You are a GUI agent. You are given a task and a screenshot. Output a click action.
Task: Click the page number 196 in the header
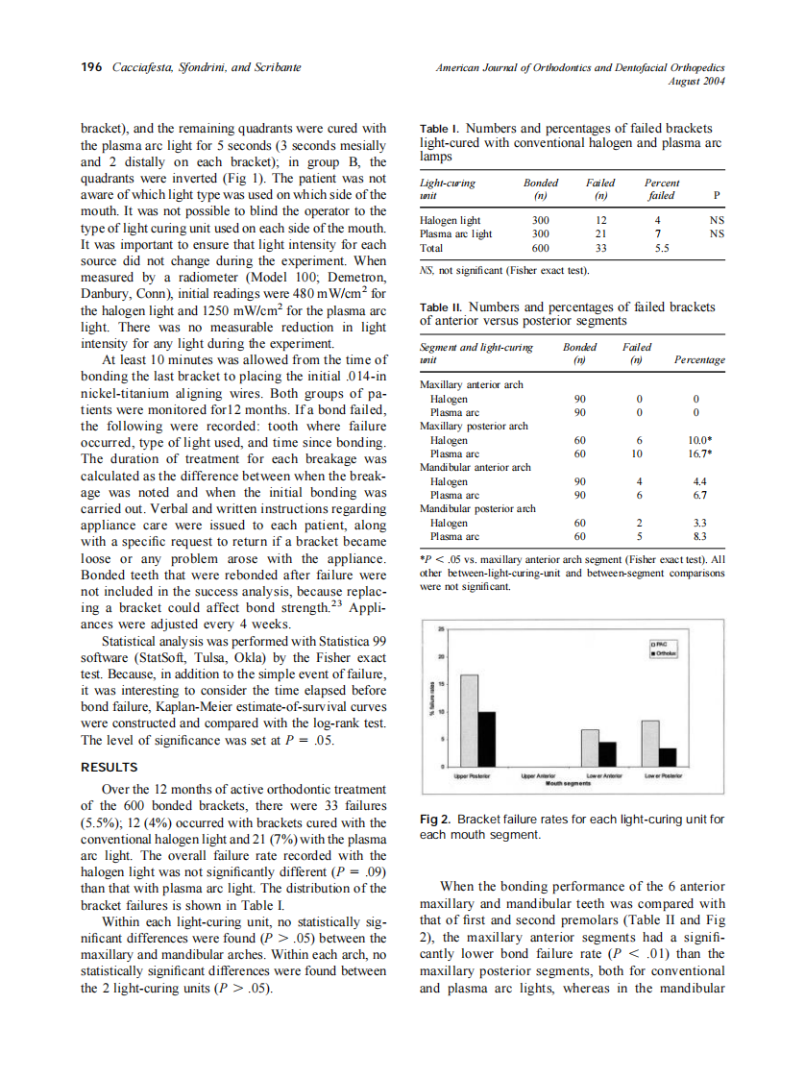pos(91,67)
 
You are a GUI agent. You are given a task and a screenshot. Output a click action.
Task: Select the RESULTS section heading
pos(110,767)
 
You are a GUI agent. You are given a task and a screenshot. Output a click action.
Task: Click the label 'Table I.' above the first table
pos(440,129)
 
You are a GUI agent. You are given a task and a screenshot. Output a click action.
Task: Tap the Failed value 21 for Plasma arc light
pos(601,233)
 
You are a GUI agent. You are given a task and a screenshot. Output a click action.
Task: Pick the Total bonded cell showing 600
pos(540,247)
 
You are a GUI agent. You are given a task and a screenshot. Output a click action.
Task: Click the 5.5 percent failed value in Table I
pos(661,247)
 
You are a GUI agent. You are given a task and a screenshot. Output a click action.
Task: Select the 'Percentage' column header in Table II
pos(699,359)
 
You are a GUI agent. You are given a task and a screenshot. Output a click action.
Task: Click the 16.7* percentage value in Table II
pos(698,453)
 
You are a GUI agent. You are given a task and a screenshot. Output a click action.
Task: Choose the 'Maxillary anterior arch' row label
pos(472,384)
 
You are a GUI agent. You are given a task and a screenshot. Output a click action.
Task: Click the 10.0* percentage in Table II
pos(698,440)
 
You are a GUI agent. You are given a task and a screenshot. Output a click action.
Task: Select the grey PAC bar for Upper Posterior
pos(469,720)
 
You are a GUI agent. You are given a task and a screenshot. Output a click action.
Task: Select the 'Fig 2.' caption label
pos(436,820)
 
